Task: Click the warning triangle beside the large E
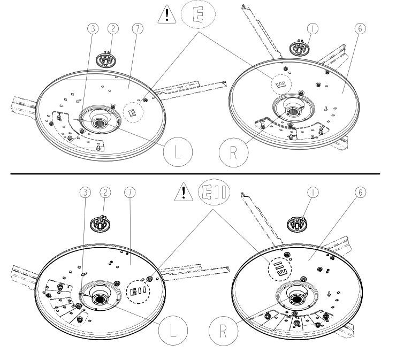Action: pyautogui.click(x=167, y=15)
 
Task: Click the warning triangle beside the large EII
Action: pyautogui.click(x=184, y=192)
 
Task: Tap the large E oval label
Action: pyautogui.click(x=198, y=14)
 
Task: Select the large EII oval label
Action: pyautogui.click(x=214, y=192)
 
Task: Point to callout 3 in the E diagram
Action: pyautogui.click(x=93, y=28)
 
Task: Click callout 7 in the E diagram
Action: pyautogui.click(x=138, y=28)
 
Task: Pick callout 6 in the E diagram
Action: pyautogui.click(x=360, y=28)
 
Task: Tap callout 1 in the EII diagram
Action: pyautogui.click(x=313, y=193)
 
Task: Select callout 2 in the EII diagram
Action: pyautogui.click(x=105, y=193)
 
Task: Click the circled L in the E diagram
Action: pyautogui.click(x=178, y=152)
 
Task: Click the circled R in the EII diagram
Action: pyautogui.click(x=223, y=331)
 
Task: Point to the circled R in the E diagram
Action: pyautogui.click(x=233, y=152)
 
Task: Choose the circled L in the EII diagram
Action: pyautogui.click(x=173, y=331)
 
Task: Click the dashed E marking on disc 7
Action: pyautogui.click(x=133, y=112)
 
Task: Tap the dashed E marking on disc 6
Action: pyautogui.click(x=281, y=85)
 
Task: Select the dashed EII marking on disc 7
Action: pyautogui.click(x=138, y=292)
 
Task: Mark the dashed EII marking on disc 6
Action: pyautogui.click(x=280, y=269)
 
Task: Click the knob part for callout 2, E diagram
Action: pyautogui.click(x=106, y=60)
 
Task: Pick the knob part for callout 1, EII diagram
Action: pyautogui.click(x=297, y=224)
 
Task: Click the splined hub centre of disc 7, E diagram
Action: pyautogui.click(x=100, y=122)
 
